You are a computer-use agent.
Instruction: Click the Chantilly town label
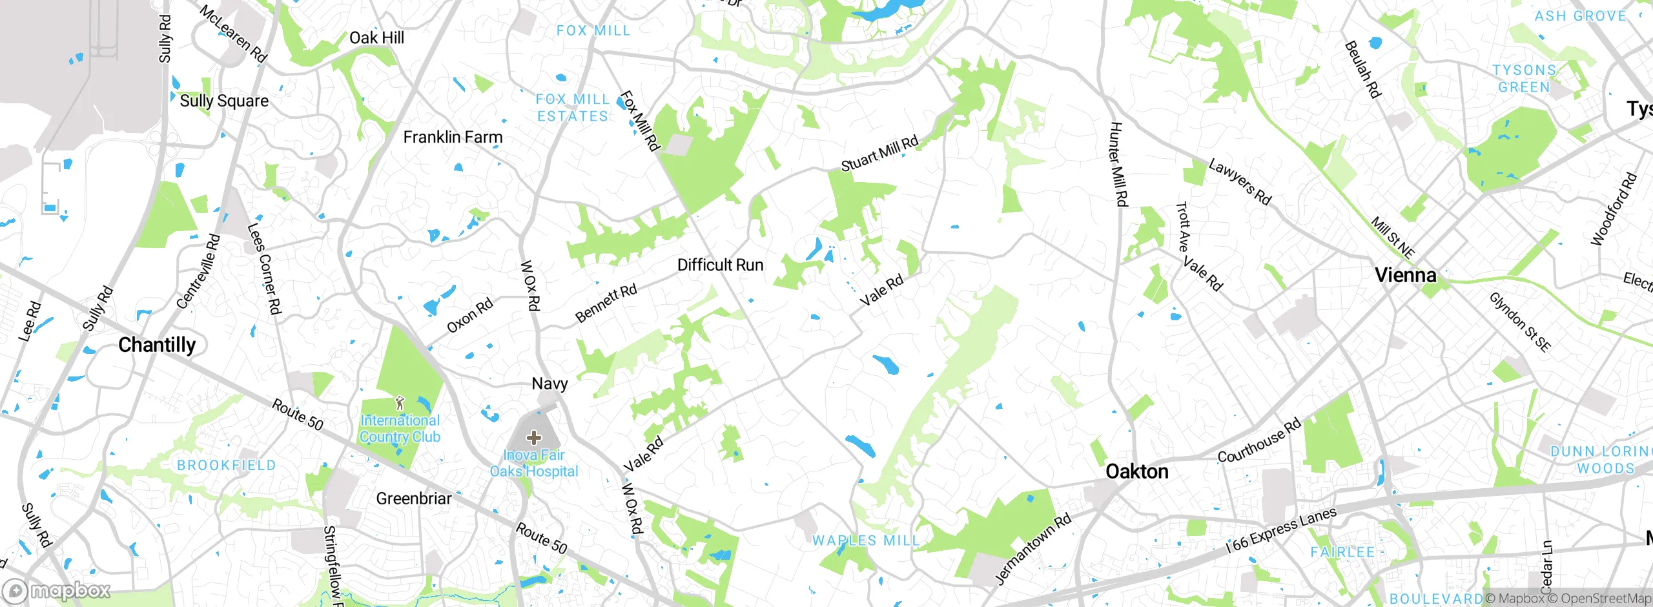157,345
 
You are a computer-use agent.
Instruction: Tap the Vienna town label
1405,276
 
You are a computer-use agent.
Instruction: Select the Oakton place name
1136,471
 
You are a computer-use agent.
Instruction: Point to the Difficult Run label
720,265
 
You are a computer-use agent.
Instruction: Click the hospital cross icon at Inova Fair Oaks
533,438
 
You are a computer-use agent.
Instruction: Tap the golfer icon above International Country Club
400,404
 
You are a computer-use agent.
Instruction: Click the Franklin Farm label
453,137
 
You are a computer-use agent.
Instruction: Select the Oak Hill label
376,38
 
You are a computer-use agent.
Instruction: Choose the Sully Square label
224,101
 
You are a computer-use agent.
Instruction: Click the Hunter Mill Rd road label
1118,165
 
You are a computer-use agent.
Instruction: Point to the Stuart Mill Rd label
879,154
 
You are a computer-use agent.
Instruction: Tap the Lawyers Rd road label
1239,182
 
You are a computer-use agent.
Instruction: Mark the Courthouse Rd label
1258,442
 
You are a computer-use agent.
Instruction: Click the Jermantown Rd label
1032,549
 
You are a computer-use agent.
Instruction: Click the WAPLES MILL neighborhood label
865,540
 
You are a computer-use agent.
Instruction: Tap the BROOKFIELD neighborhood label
226,465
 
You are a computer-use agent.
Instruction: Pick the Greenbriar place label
414,499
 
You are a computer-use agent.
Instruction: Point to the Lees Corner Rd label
265,269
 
